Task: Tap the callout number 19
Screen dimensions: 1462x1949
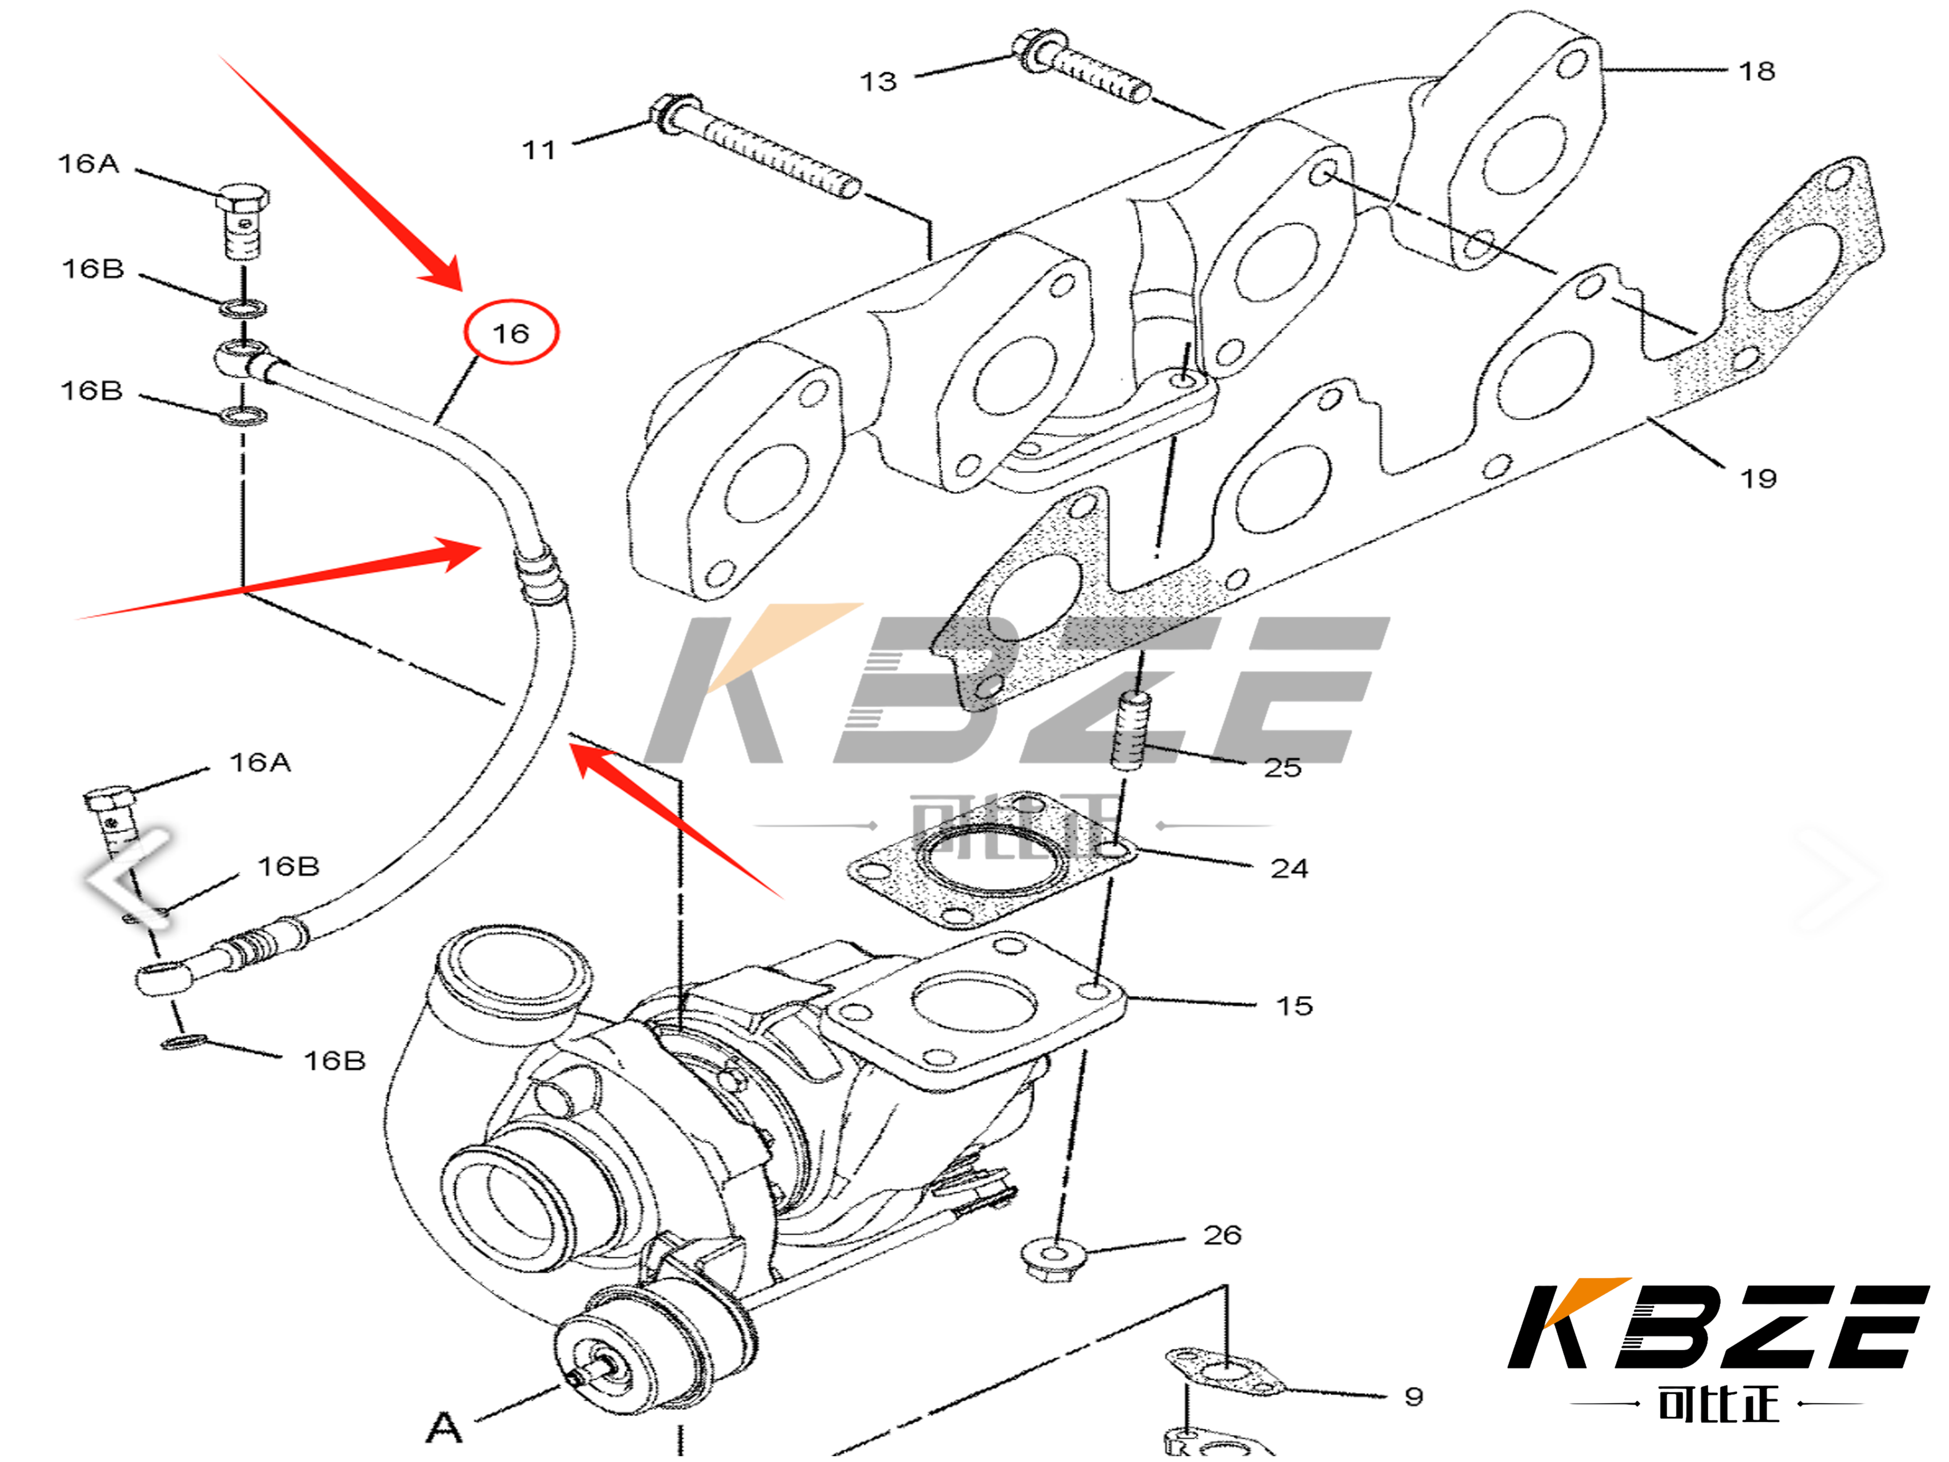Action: [x=1757, y=479]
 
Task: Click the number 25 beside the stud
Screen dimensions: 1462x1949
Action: [x=1282, y=768]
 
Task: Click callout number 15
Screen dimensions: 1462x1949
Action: [x=1294, y=1006]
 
